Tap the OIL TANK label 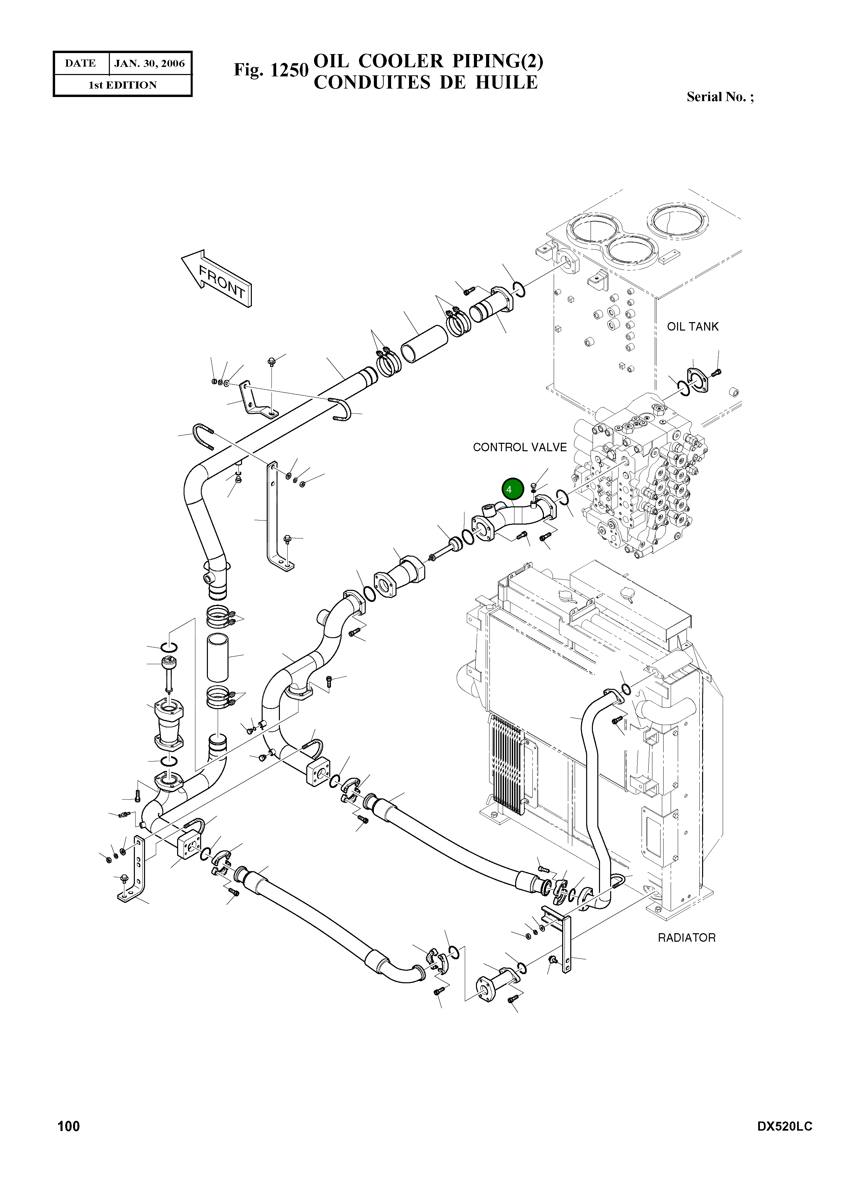click(692, 327)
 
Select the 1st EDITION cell click(122, 85)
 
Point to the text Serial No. click(719, 97)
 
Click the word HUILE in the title click(506, 82)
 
